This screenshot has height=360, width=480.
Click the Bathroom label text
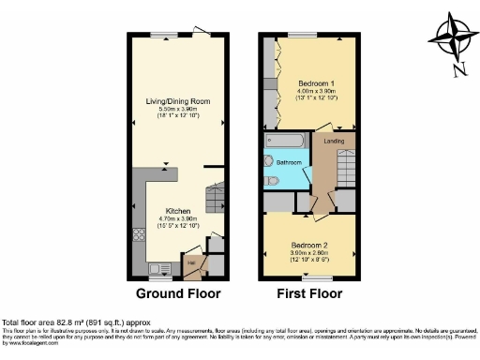click(x=290, y=162)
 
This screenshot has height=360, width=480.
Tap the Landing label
click(x=333, y=141)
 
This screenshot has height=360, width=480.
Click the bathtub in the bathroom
click(x=286, y=143)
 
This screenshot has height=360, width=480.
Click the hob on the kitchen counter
click(x=139, y=238)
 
